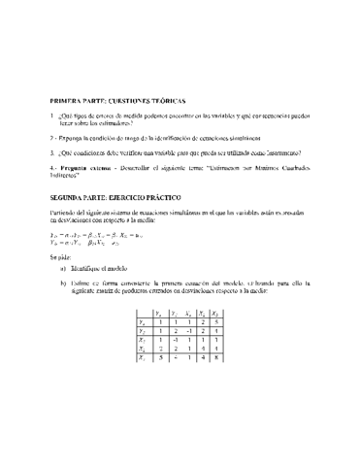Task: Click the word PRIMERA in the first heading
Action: click(x=67, y=100)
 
